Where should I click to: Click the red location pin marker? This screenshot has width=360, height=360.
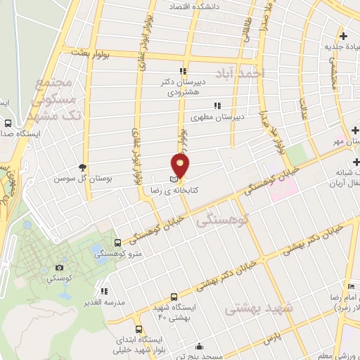point(181,165)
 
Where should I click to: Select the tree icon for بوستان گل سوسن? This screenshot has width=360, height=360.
point(83,167)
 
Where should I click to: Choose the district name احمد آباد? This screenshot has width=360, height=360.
point(250,72)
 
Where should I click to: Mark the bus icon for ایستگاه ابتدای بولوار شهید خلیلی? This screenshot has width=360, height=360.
point(138,328)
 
